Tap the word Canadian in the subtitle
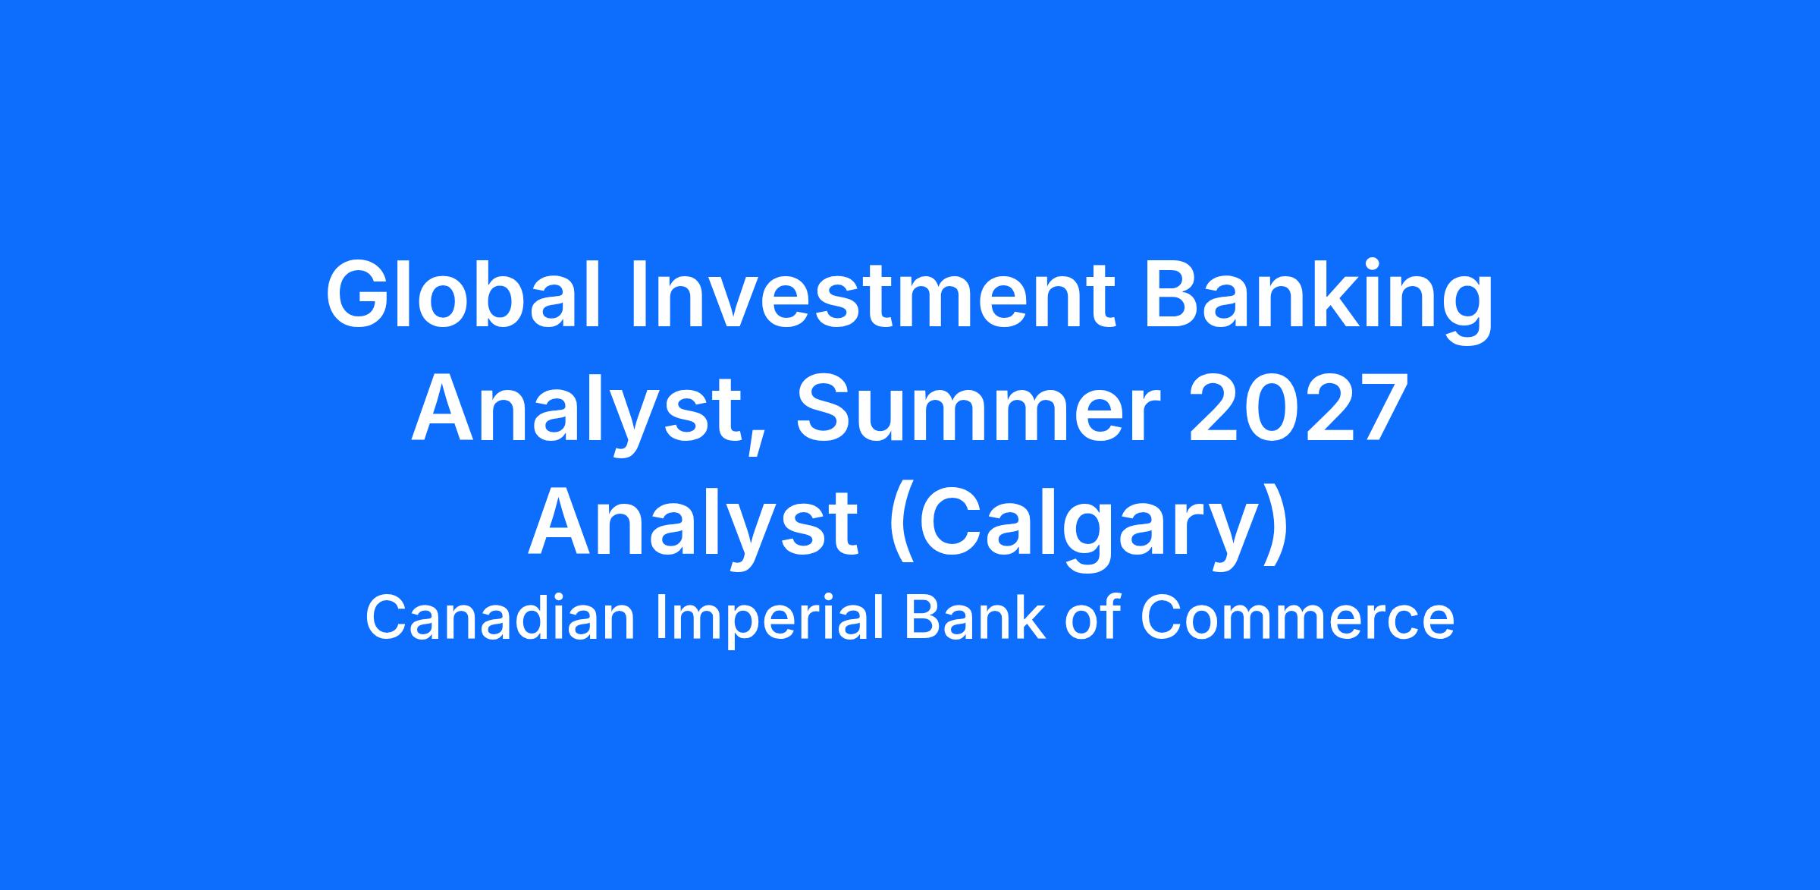pyautogui.click(x=500, y=618)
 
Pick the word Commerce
pyautogui.click(x=1297, y=618)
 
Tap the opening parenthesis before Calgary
pyautogui.click(x=901, y=527)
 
